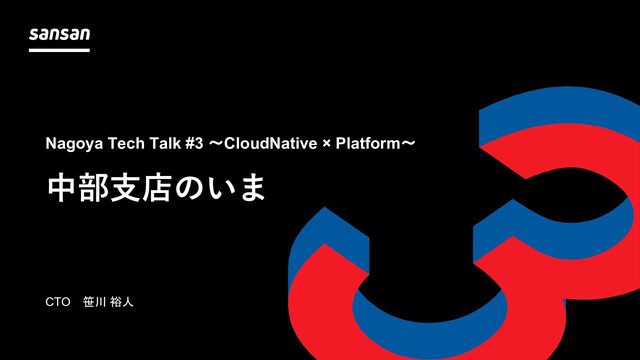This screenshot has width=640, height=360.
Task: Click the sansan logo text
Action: tap(60, 34)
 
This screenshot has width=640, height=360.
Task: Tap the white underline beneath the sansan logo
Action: tap(59, 50)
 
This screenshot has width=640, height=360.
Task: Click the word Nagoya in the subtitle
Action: tap(74, 144)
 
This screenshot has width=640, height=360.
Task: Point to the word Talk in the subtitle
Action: tap(165, 143)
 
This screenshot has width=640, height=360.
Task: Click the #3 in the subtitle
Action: tap(194, 143)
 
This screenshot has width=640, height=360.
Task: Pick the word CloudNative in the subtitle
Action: tap(271, 143)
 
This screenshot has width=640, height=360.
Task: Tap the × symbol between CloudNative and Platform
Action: tap(327, 144)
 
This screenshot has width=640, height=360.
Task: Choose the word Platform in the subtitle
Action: tap(368, 143)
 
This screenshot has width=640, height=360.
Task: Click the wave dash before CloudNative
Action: tap(216, 144)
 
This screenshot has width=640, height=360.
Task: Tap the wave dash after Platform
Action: tap(408, 144)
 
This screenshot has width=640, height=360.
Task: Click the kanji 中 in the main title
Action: tap(62, 189)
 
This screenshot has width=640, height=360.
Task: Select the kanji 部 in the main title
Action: tap(94, 189)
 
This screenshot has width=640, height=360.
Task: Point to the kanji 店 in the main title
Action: tap(157, 189)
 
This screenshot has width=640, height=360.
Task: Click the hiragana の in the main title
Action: tap(188, 189)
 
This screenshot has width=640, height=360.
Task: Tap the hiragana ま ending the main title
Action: tap(253, 189)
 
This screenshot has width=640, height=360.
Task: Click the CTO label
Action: tap(58, 302)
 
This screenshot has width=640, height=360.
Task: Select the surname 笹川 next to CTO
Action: tap(95, 302)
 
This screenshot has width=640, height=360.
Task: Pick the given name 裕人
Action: tap(121, 302)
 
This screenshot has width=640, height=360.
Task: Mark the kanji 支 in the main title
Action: tap(125, 189)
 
